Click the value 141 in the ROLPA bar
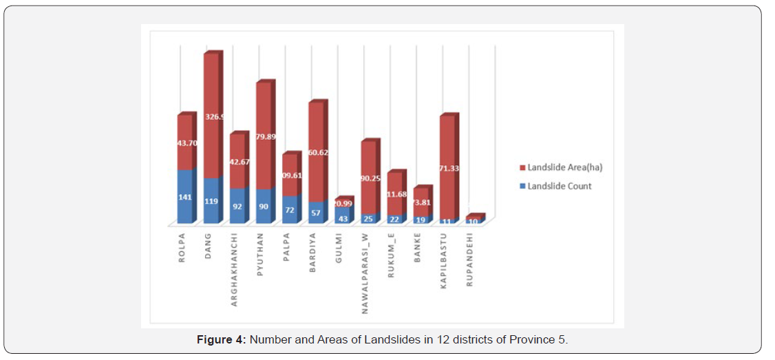(185, 195)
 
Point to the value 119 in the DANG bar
(211, 202)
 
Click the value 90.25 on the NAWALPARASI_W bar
(370, 178)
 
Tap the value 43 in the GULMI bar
(343, 218)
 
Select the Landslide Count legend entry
(559, 186)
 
